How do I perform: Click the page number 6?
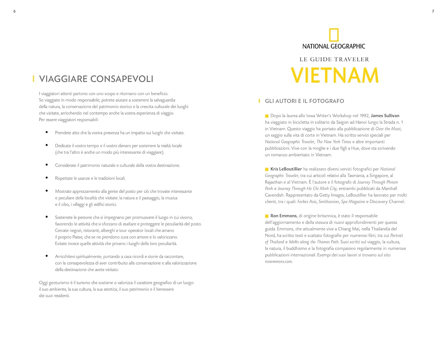click(x=14, y=11)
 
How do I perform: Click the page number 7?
click(x=433, y=11)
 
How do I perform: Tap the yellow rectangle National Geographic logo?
click(x=334, y=35)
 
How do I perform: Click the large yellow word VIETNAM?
click(x=335, y=75)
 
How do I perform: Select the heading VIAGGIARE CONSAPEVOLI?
click(x=96, y=79)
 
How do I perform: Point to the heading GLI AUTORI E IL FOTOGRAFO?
click(x=304, y=101)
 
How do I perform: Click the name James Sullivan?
click(x=385, y=116)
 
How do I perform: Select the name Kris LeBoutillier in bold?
click(x=286, y=169)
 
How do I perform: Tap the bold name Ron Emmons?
click(x=283, y=216)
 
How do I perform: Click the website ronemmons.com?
click(x=278, y=261)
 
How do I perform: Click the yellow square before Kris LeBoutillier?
click(x=267, y=169)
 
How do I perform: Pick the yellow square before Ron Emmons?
click(x=267, y=216)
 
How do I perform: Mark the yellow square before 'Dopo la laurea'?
click(x=267, y=116)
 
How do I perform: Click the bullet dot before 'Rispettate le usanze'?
click(x=47, y=178)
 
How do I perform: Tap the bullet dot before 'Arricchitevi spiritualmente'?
click(x=47, y=256)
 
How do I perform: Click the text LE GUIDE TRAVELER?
click(x=334, y=59)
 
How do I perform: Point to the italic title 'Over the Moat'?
click(x=388, y=129)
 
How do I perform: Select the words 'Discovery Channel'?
click(x=387, y=201)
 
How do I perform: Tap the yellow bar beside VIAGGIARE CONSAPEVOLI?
click(x=33, y=79)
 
